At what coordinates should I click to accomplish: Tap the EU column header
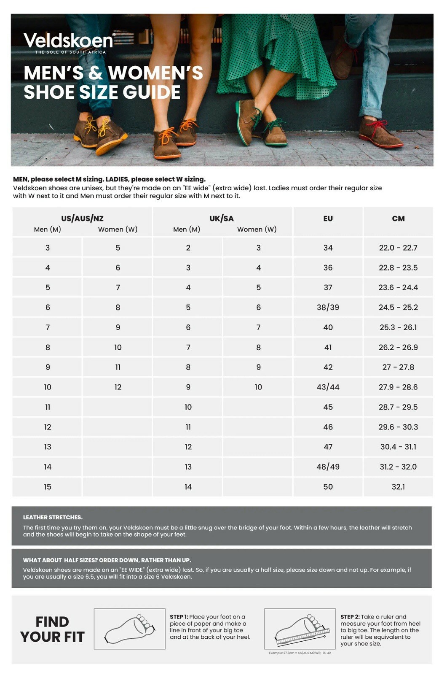pos(328,219)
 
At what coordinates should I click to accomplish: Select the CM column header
pos(398,219)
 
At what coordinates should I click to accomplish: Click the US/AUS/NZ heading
pos(82,219)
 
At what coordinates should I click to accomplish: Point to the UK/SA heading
pos(222,219)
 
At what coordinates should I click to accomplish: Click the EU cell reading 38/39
pos(328,308)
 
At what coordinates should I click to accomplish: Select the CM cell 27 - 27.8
pos(398,367)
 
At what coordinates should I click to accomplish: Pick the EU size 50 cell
pos(328,487)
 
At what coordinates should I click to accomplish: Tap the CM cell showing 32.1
pos(398,487)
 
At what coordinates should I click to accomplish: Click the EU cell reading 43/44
pos(328,387)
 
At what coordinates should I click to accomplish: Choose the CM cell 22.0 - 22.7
pos(398,248)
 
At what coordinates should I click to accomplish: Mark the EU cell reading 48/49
pos(328,467)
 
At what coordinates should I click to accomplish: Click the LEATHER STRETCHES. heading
pos(53,517)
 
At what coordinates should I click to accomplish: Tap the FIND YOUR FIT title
pos(52,629)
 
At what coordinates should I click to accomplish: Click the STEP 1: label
pos(179,617)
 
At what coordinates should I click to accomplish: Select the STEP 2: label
pos(350,617)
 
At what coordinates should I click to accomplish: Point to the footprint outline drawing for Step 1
pos(130,629)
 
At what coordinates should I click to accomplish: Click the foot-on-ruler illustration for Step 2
pos(300,629)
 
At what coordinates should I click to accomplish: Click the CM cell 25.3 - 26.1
pos(398,327)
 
